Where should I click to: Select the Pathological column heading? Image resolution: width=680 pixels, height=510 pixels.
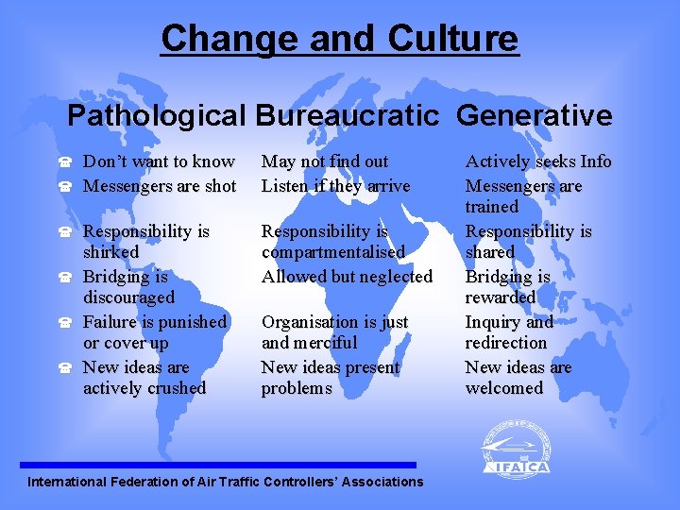pyautogui.click(x=156, y=116)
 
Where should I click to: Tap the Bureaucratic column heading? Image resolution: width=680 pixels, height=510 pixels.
pyautogui.click(x=346, y=116)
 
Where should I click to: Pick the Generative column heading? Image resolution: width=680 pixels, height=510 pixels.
pyautogui.click(x=535, y=116)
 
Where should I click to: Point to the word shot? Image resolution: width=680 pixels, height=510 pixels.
pyautogui.click(x=219, y=186)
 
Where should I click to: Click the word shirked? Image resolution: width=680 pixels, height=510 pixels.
pyautogui.click(x=110, y=252)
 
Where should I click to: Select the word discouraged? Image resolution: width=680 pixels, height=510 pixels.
pyautogui.click(x=128, y=297)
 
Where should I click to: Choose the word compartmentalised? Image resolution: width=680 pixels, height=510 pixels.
pyautogui.click(x=332, y=252)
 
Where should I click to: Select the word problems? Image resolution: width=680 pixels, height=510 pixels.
pyautogui.click(x=297, y=388)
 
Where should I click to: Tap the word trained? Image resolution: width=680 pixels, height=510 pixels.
pyautogui.click(x=492, y=207)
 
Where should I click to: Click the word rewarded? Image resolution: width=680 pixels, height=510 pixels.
pyautogui.click(x=501, y=297)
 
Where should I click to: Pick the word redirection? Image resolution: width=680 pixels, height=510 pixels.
pyautogui.click(x=506, y=343)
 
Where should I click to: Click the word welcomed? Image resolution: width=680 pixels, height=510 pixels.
pyautogui.click(x=504, y=388)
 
